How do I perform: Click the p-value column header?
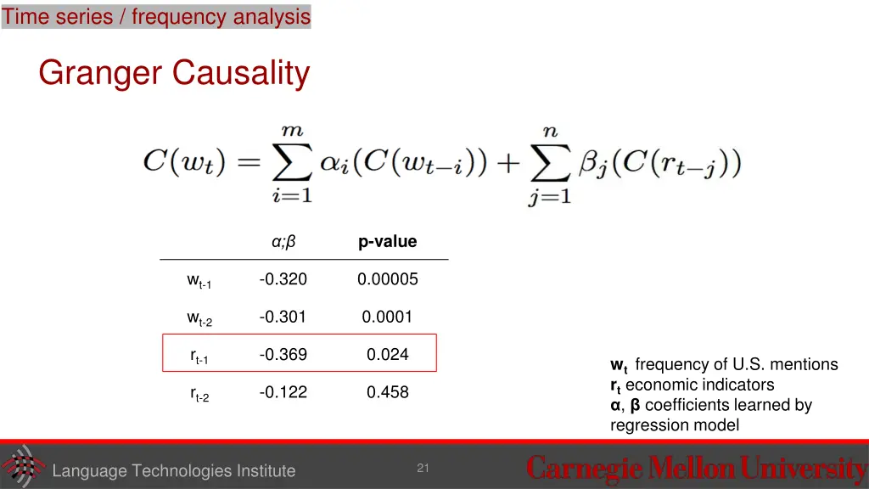coord(387,242)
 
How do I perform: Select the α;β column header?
coord(283,242)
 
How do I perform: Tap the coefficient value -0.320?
coord(283,279)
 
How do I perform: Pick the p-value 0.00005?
coord(387,279)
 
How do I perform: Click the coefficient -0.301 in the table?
coord(283,317)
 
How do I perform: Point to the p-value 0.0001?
coord(387,317)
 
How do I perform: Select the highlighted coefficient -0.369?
coord(283,354)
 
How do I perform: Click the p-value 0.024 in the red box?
coord(387,354)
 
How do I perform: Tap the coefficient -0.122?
coord(283,391)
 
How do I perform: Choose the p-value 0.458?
coord(387,391)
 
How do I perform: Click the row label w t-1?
coord(199,281)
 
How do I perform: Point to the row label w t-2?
coord(199,318)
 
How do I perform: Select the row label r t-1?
coord(199,357)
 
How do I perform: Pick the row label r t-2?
coord(199,394)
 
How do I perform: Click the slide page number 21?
coord(423,469)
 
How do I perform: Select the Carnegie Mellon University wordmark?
coord(696,469)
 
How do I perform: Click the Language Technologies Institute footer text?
coord(173,471)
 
